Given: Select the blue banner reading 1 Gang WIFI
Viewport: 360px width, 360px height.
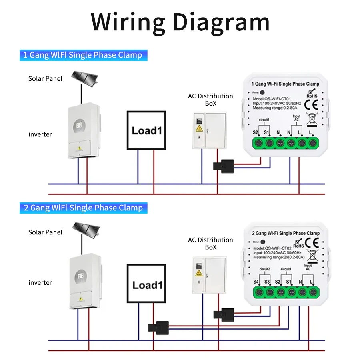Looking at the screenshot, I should click(x=83, y=55).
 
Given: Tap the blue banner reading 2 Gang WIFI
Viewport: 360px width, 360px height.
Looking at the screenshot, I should click(x=83, y=208).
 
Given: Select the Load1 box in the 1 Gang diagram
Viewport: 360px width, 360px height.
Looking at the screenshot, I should click(x=146, y=130).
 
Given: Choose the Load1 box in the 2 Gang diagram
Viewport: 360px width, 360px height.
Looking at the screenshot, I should click(x=146, y=284).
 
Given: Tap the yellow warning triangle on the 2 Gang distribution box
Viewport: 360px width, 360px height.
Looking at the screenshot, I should click(x=199, y=273).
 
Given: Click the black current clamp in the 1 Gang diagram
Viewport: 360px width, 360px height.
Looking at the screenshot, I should click(x=224, y=165).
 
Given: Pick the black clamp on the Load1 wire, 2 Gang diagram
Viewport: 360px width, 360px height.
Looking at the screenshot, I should click(x=158, y=326).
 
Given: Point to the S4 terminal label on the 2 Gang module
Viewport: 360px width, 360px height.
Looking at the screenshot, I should click(x=256, y=282).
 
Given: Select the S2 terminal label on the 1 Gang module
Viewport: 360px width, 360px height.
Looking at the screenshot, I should click(x=255, y=132).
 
